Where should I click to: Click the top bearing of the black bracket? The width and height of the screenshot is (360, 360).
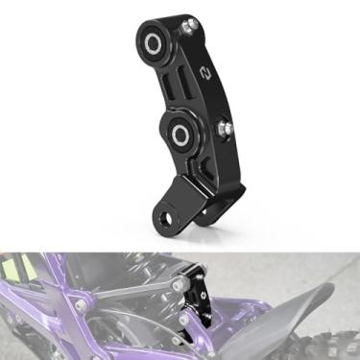154,41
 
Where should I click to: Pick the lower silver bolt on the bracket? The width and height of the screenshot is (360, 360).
227,125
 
